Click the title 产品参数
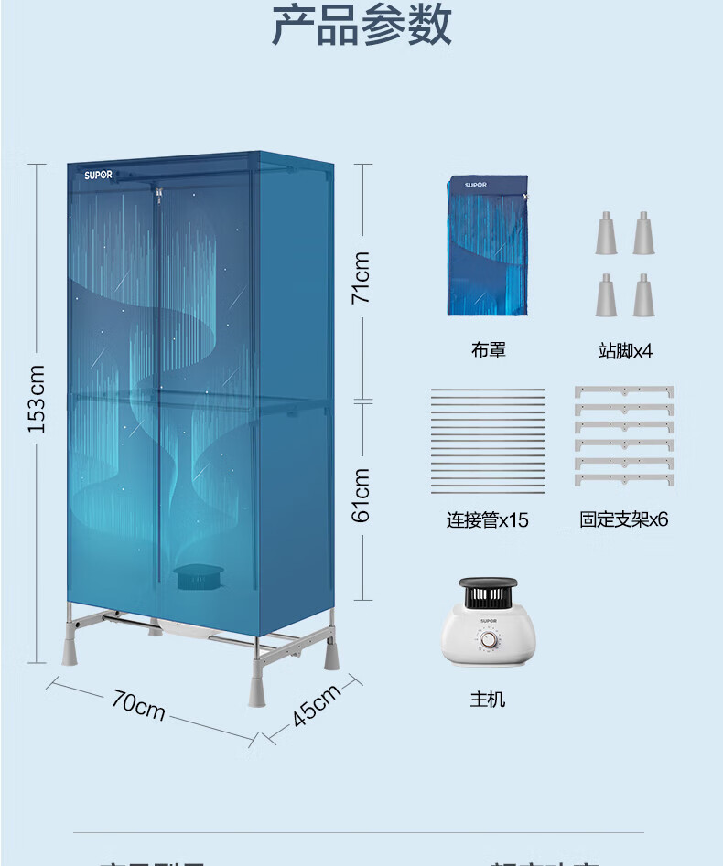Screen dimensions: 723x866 click(x=361, y=25)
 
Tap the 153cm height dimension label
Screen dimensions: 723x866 click(x=35, y=400)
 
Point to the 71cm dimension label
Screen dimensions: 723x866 click(x=361, y=278)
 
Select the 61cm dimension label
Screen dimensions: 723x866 click(x=361, y=495)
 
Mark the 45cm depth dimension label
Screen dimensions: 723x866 click(x=316, y=705)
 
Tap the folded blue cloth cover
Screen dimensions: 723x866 click(x=488, y=245)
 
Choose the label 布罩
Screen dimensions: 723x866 click(x=488, y=350)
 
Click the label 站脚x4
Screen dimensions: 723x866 click(x=626, y=351)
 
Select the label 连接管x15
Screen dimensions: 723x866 click(x=487, y=520)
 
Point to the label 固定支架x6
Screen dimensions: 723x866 click(x=624, y=519)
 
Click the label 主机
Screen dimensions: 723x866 click(x=487, y=700)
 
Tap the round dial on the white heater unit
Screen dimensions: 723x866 click(x=489, y=640)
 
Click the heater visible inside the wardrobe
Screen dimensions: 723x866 click(x=194, y=577)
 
